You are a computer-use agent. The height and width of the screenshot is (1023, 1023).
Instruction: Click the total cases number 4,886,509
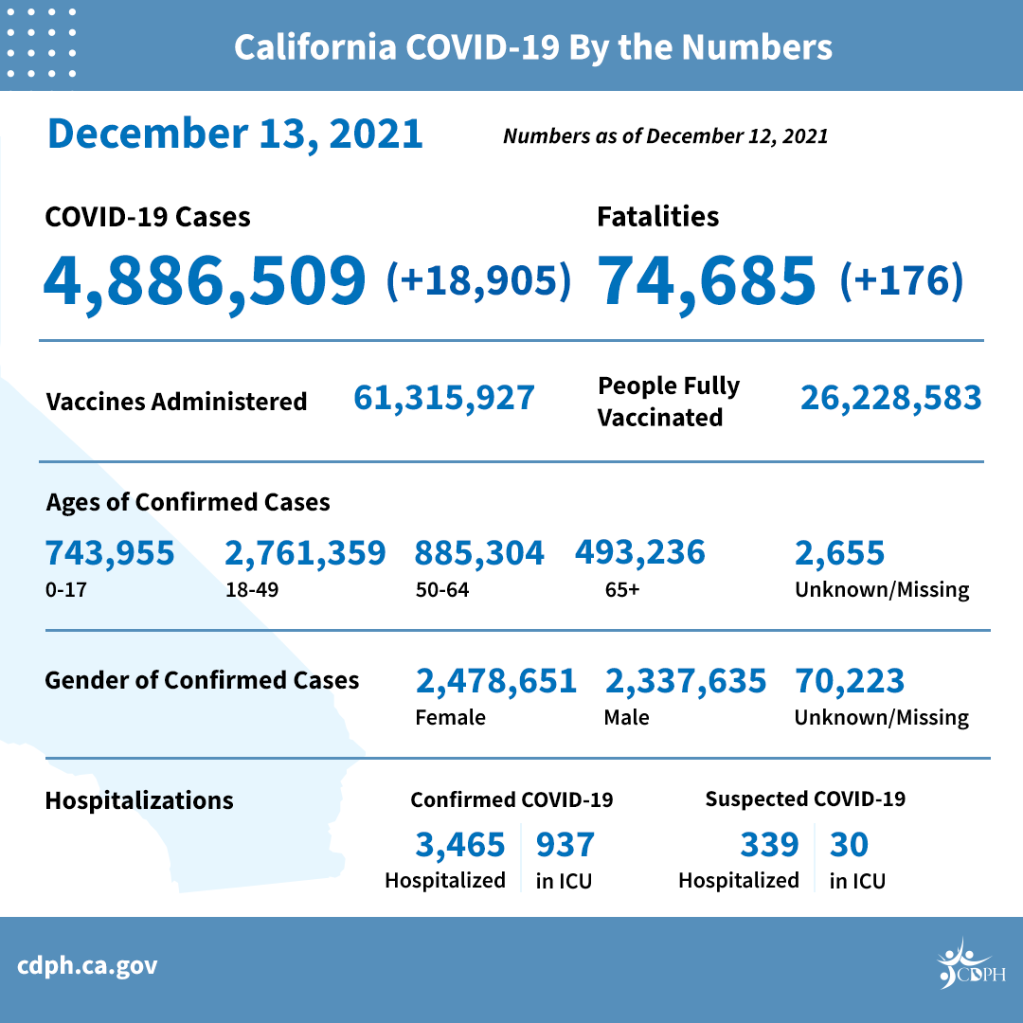coord(205,279)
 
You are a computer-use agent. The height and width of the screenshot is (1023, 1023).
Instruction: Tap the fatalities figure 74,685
coord(706,279)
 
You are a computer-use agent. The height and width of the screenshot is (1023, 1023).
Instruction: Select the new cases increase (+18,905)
coord(479,280)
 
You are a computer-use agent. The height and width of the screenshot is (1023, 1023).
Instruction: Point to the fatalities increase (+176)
coord(901,280)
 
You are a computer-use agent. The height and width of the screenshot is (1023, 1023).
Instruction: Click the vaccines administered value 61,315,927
coord(444,398)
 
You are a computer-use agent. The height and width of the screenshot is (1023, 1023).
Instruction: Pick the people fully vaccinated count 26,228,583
coord(890,398)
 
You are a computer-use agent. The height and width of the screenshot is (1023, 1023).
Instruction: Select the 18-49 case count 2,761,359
coord(305,552)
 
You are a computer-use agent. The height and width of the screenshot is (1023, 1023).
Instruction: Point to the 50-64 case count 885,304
coord(479,552)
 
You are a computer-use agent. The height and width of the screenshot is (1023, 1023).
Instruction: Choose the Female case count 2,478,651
coord(495,680)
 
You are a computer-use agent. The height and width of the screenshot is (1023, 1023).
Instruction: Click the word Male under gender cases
coord(626,717)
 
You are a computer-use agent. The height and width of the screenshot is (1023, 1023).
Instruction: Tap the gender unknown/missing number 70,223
coord(850,680)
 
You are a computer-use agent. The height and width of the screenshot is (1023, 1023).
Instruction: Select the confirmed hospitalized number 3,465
coord(459,843)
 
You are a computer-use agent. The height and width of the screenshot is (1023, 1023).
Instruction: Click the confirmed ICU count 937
coord(565,843)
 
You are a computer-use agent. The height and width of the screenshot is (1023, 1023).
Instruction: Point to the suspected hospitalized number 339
coord(769,843)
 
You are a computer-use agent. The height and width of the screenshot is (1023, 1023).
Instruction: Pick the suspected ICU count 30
coord(849,843)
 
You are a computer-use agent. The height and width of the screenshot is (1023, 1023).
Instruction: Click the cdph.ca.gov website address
coord(87,966)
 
